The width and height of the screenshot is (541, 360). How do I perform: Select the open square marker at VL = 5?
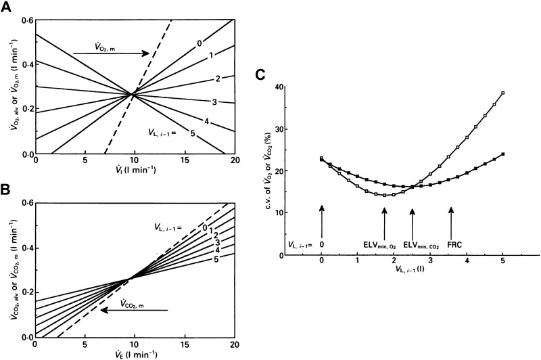coord(502,93)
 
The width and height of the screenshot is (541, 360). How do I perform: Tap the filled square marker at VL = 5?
coord(502,154)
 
